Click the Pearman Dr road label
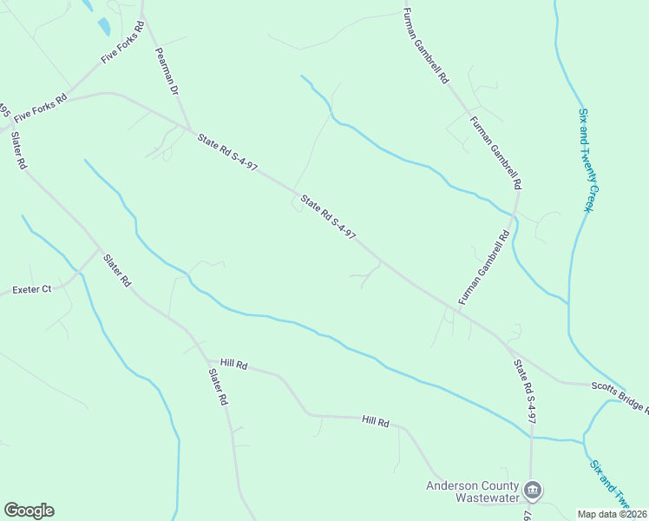coord(166,71)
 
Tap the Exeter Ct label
coord(31,289)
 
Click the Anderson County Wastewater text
coord(472,491)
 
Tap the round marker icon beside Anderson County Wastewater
coord(534,491)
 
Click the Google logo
coord(29,511)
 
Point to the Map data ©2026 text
coord(613,514)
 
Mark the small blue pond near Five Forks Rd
coord(103,27)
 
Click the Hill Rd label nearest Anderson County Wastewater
coord(376,421)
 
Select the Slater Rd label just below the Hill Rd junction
coord(217,387)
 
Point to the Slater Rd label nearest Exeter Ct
coord(116,270)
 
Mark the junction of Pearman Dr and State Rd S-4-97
coord(192,130)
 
